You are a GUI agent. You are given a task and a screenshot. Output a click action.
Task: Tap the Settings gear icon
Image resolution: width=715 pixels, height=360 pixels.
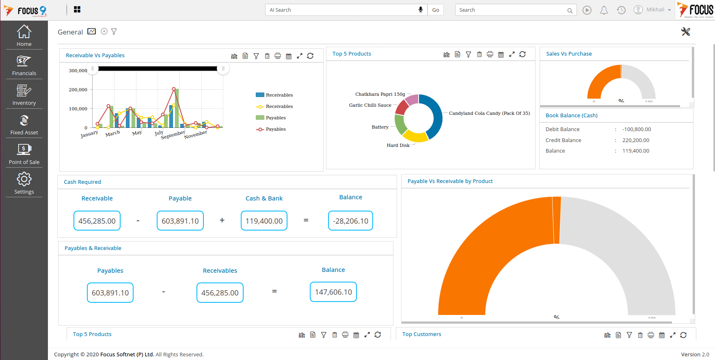24,179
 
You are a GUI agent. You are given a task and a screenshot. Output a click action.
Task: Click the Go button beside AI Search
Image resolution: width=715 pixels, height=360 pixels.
435,10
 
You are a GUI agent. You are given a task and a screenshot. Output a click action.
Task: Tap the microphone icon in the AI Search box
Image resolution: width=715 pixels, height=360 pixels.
421,10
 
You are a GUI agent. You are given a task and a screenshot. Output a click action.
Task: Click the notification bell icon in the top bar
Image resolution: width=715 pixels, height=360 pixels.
604,10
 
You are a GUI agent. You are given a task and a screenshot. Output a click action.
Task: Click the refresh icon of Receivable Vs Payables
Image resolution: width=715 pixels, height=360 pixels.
310,56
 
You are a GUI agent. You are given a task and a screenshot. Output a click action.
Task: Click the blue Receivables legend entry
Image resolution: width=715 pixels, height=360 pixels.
274,95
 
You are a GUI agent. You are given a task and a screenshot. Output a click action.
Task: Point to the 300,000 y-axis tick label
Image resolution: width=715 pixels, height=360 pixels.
78,71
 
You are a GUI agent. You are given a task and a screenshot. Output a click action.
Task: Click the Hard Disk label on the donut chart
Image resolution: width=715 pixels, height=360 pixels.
398,145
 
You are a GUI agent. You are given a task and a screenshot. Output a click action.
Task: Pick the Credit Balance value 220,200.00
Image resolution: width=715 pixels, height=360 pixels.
635,140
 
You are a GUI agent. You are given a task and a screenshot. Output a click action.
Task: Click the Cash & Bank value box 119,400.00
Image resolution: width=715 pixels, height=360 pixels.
264,221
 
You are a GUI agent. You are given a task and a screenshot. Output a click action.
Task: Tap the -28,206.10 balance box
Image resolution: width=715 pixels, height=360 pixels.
350,221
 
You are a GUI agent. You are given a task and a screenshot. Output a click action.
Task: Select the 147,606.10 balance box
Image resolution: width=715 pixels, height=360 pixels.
333,292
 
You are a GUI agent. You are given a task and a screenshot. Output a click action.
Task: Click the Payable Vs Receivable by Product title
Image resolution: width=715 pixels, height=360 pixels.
450,181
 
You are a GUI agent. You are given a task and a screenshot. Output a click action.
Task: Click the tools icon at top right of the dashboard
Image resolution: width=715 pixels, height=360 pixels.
685,32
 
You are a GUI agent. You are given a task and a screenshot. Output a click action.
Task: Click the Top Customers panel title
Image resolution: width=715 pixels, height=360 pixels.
421,334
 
